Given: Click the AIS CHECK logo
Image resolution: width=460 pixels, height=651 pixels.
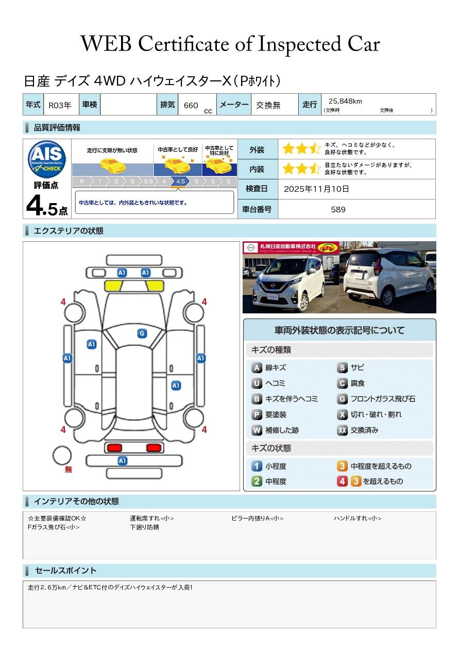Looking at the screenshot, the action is click(47, 159).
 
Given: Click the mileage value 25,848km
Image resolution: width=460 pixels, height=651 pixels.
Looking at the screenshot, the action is click(345, 101).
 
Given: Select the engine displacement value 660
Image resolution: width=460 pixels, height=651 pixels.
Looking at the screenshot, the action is click(191, 105).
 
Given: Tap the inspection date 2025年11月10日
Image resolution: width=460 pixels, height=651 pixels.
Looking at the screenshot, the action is click(316, 189).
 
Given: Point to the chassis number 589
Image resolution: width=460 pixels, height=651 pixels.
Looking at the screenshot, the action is click(338, 210).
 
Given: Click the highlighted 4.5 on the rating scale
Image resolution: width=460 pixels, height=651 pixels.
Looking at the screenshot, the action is click(180, 181).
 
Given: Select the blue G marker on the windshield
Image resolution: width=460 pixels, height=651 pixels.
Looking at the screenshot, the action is click(142, 333).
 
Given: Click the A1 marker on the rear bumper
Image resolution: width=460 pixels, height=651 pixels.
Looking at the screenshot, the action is click(122, 461).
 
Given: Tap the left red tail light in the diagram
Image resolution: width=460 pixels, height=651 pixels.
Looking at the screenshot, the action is click(114, 447).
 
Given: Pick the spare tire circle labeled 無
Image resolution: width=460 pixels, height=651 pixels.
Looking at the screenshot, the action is click(62, 455).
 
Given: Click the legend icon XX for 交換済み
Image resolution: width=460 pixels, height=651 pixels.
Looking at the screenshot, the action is click(342, 430).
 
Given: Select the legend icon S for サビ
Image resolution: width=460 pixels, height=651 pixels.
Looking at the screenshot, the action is click(342, 368).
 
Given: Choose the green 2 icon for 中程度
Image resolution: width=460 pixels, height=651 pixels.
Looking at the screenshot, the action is click(257, 481).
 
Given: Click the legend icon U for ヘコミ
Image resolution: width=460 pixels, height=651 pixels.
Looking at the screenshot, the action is click(257, 383).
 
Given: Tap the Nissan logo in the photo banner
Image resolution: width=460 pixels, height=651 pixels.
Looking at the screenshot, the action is click(250, 247).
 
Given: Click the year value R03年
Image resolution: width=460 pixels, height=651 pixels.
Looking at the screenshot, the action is click(60, 105).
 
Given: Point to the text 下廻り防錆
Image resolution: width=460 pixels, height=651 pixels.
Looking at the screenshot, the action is click(144, 527).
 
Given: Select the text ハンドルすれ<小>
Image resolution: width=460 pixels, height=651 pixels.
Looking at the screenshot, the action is click(357, 518).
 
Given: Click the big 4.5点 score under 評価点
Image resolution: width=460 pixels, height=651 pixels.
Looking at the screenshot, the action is click(47, 206).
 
